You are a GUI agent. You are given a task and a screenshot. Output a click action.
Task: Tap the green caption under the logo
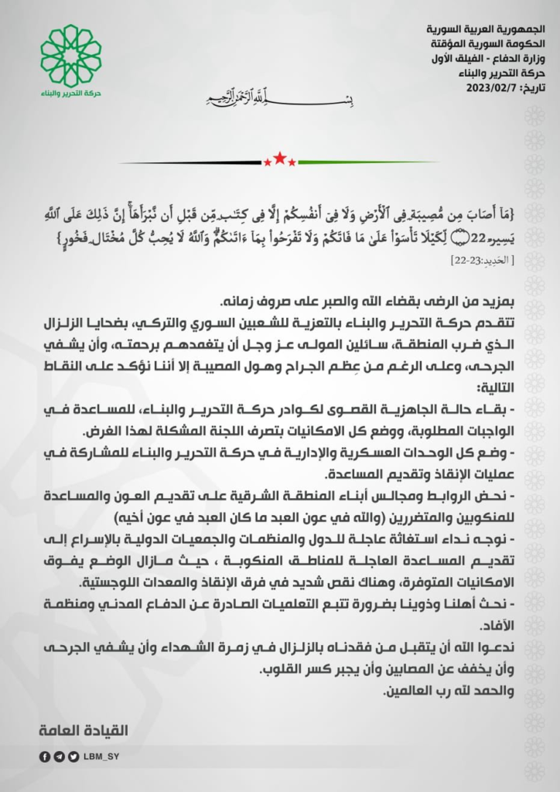70,94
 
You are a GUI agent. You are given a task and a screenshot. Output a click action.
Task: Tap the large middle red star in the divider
279,160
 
